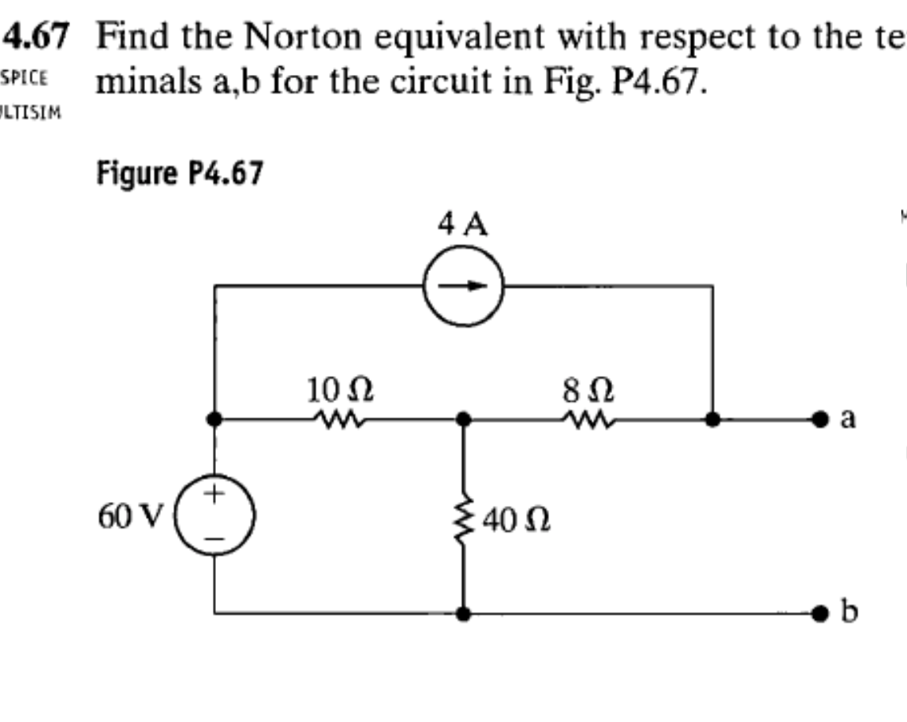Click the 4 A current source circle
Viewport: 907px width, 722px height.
[463, 286]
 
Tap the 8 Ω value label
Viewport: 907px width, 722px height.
[590, 391]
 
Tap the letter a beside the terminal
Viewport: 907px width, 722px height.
[849, 418]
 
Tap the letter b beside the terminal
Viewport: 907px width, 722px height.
[850, 614]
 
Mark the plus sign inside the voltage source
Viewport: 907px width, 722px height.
[214, 495]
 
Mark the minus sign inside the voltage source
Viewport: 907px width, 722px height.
[214, 537]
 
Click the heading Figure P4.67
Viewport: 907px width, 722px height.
[179, 172]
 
